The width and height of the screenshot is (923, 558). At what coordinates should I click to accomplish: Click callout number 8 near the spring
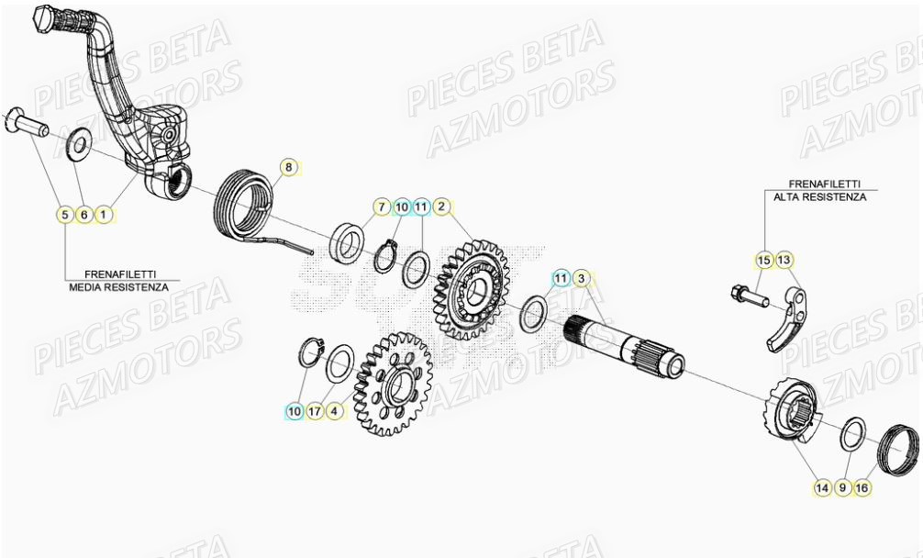point(288,167)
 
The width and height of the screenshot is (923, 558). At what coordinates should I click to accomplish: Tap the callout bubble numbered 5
point(64,215)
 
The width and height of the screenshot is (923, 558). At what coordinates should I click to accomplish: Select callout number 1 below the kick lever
point(104,215)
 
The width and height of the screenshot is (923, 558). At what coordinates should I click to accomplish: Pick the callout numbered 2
point(441,206)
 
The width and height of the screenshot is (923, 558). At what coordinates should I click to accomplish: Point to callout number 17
point(315,412)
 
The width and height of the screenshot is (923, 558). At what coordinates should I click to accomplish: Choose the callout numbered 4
point(335,412)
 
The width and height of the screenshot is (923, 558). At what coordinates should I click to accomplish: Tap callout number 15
point(763,261)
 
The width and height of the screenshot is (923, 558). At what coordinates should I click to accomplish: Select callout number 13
point(784,261)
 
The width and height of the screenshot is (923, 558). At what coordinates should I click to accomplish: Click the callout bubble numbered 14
point(821,488)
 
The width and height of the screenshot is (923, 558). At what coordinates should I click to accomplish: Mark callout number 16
point(862,488)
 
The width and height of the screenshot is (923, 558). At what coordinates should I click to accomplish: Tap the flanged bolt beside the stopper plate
point(747,296)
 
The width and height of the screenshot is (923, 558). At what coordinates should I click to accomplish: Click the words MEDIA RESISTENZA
point(118,286)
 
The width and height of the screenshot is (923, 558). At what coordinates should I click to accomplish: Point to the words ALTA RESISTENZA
point(818,196)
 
